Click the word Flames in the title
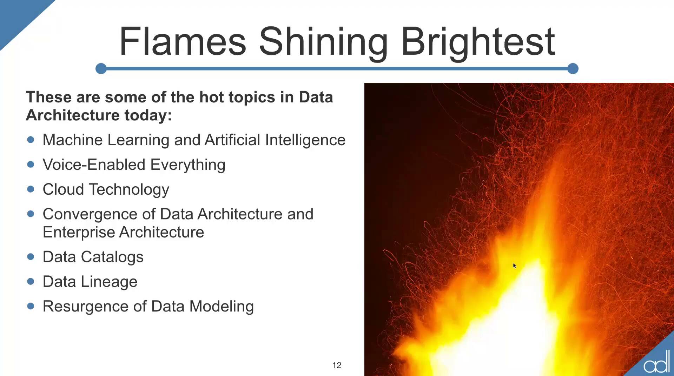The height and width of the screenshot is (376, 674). [x=183, y=41]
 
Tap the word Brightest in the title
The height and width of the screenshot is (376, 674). [x=478, y=43]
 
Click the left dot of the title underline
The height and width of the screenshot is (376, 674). [x=101, y=68]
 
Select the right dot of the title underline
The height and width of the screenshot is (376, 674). [x=573, y=68]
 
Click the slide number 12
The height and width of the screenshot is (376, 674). [x=337, y=365]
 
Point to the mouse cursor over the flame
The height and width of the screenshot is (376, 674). [x=515, y=266]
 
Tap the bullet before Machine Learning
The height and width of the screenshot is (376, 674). [x=31, y=140]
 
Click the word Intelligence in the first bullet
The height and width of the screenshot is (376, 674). [x=305, y=140]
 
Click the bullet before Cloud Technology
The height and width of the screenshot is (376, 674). [x=31, y=189]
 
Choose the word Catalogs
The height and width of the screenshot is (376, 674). [x=112, y=257]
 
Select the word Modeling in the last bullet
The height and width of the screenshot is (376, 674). [x=222, y=307]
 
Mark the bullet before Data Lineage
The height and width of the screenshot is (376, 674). [x=31, y=281]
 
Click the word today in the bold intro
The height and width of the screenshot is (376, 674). [x=148, y=115]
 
